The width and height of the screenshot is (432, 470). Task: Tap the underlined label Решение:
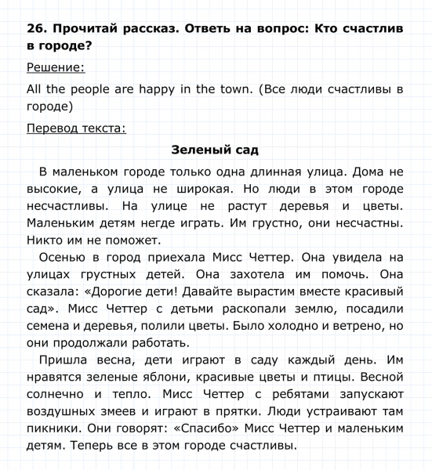(x=56, y=67)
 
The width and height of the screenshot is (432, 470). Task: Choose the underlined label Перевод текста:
(x=76, y=128)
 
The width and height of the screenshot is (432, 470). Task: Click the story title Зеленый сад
(x=215, y=150)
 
